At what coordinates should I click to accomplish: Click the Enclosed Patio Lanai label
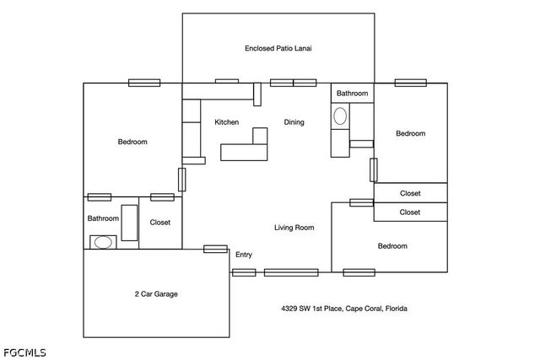[278, 48]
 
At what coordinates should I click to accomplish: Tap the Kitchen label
[227, 122]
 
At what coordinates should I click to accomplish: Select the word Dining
[294, 122]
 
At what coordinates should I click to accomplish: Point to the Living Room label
[294, 227]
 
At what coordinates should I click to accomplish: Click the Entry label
[244, 255]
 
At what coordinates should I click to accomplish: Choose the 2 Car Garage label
[156, 293]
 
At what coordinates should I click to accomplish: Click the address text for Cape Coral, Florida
[344, 308]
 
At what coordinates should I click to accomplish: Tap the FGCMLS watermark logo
[24, 352]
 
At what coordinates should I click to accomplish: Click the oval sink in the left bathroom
[103, 242]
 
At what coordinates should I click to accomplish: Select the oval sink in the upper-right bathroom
[340, 116]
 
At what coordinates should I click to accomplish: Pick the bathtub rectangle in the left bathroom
[129, 223]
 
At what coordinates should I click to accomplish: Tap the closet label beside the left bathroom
[159, 223]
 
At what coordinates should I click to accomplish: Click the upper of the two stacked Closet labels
[410, 193]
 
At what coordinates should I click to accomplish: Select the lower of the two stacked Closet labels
[410, 212]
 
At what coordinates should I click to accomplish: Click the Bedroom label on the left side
[132, 142]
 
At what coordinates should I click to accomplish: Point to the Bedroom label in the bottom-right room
[392, 245]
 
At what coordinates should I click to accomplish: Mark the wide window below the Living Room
[291, 272]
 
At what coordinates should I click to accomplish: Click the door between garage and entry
[215, 249]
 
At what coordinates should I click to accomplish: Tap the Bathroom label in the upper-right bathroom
[352, 93]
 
